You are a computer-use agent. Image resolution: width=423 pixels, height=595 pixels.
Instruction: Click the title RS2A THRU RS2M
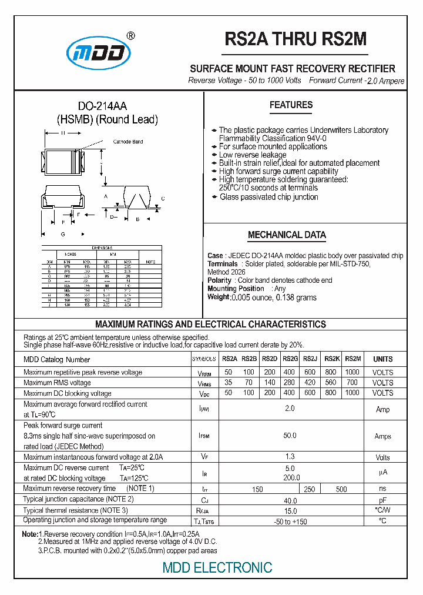296,39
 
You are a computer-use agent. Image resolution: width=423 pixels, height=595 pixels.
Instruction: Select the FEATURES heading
291,105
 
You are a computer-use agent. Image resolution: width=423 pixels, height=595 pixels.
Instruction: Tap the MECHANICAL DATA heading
287,235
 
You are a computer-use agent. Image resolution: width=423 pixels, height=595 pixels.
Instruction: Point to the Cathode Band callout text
127,142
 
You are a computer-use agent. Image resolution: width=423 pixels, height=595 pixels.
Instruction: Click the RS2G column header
290,359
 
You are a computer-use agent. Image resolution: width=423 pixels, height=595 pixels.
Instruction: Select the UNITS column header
382,359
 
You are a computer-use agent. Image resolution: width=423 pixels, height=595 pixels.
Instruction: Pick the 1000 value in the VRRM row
352,372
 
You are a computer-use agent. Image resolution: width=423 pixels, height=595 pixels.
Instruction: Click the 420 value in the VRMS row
311,382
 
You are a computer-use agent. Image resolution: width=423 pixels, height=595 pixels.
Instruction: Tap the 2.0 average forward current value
289,408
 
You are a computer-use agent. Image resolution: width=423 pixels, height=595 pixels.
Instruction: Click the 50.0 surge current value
289,436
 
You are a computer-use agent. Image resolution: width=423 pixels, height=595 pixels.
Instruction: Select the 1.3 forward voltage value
289,457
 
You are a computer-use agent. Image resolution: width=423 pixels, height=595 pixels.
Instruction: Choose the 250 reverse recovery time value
310,489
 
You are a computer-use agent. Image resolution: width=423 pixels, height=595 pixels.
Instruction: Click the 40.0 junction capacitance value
289,499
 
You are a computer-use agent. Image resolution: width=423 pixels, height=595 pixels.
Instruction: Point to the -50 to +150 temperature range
289,521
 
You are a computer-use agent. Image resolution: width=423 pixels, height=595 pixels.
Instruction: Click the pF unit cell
382,499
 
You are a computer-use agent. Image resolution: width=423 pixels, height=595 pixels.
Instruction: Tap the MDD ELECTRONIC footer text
217,567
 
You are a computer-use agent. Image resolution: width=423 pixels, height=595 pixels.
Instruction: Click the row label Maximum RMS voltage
57,383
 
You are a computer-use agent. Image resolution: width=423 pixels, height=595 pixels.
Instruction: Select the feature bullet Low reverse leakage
252,155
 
